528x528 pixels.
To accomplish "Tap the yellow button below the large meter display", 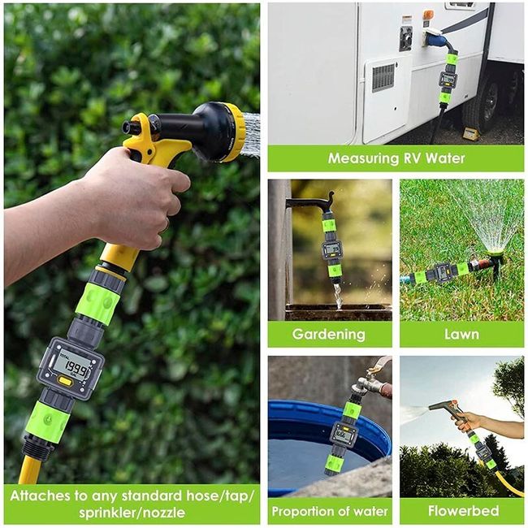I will (x=66, y=380).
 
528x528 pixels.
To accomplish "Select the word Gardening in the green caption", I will (x=329, y=334).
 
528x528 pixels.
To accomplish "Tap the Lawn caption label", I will (x=461, y=334).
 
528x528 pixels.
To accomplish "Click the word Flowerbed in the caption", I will (x=461, y=511).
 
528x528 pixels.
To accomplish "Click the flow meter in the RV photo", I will (x=448, y=80).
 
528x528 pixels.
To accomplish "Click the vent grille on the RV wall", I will (x=383, y=76).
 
